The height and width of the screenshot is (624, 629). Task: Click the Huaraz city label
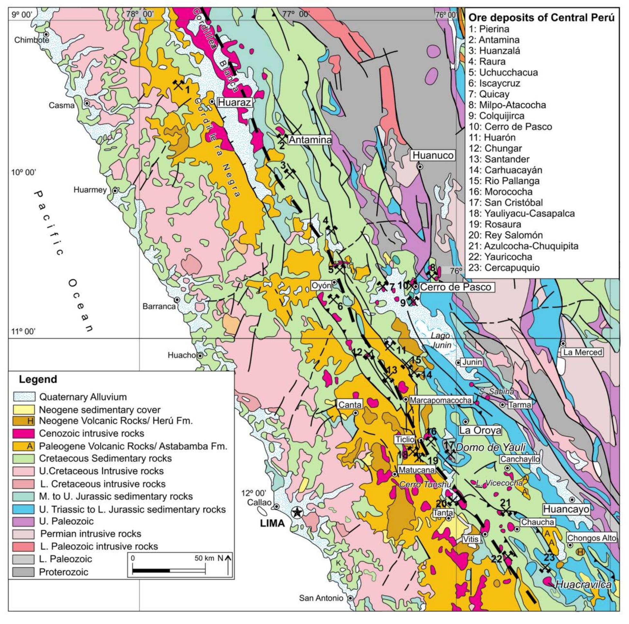(234, 103)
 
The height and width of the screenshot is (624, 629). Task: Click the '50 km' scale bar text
(204, 558)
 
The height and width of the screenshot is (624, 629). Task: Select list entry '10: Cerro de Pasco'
(510, 126)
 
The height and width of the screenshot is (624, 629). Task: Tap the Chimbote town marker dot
(47, 34)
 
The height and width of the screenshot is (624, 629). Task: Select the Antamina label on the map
(310, 140)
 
